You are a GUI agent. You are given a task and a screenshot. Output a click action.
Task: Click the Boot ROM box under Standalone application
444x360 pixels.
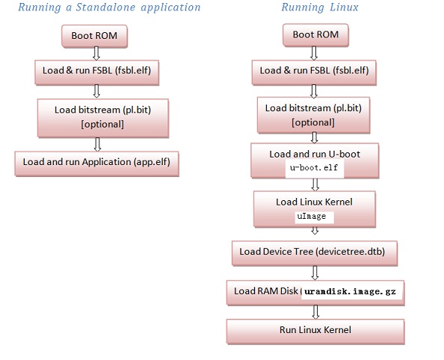coord(95,36)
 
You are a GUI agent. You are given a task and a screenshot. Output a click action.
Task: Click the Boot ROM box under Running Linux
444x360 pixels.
coord(315,35)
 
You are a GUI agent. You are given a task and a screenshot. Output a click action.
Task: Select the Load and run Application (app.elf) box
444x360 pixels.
coord(97,164)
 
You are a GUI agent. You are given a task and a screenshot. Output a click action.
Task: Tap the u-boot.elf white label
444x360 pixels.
coord(314,169)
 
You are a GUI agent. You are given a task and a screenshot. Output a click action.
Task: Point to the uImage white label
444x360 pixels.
coord(314,217)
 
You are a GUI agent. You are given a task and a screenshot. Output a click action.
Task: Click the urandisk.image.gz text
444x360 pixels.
coord(350,291)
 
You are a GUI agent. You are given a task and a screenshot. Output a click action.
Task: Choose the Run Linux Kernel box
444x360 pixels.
coord(315,332)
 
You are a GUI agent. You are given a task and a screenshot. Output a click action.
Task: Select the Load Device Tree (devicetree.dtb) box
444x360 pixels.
coord(315,253)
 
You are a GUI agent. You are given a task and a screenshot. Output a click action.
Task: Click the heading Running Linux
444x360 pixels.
coord(320,7)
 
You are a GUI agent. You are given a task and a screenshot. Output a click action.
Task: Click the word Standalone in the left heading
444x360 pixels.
coord(105,7)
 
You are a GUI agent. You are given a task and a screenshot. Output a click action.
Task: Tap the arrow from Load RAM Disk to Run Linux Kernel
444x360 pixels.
coord(315,312)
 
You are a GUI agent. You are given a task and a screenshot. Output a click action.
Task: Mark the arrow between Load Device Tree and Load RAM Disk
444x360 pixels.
coord(315,273)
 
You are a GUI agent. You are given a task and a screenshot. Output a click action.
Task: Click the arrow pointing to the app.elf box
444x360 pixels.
coord(97,145)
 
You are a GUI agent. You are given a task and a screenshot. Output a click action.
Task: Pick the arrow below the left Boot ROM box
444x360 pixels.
coord(96,54)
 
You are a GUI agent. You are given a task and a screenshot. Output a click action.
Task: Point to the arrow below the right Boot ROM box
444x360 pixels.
coord(314,53)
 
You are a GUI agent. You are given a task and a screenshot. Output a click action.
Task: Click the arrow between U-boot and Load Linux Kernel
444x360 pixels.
coord(315,184)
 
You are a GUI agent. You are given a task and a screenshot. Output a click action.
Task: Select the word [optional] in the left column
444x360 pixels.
coord(102,124)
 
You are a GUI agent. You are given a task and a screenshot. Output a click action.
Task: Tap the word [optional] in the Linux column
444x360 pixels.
coord(313,122)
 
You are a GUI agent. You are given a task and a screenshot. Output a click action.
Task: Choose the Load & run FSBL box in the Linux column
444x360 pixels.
coord(314,72)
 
